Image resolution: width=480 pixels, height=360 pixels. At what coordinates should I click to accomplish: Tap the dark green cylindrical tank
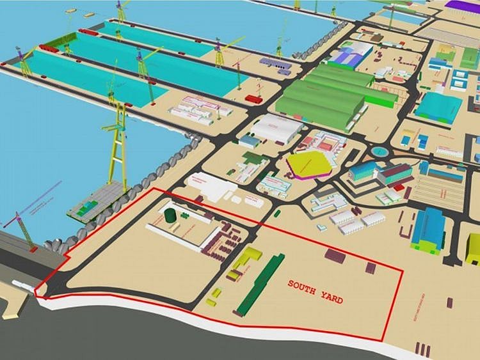click(170, 215)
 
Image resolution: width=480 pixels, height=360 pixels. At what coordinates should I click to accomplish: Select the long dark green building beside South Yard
click(260, 284)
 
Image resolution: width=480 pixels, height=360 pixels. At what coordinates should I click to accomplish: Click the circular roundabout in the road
click(381, 152)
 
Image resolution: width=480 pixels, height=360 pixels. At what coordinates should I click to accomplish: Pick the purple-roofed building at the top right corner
click(464, 5)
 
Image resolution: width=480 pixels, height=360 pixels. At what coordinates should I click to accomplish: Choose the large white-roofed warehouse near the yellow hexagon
click(276, 129)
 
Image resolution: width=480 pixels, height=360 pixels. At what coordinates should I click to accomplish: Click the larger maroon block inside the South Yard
click(334, 256)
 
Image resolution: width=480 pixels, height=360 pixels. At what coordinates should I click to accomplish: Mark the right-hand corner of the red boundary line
click(403, 271)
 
